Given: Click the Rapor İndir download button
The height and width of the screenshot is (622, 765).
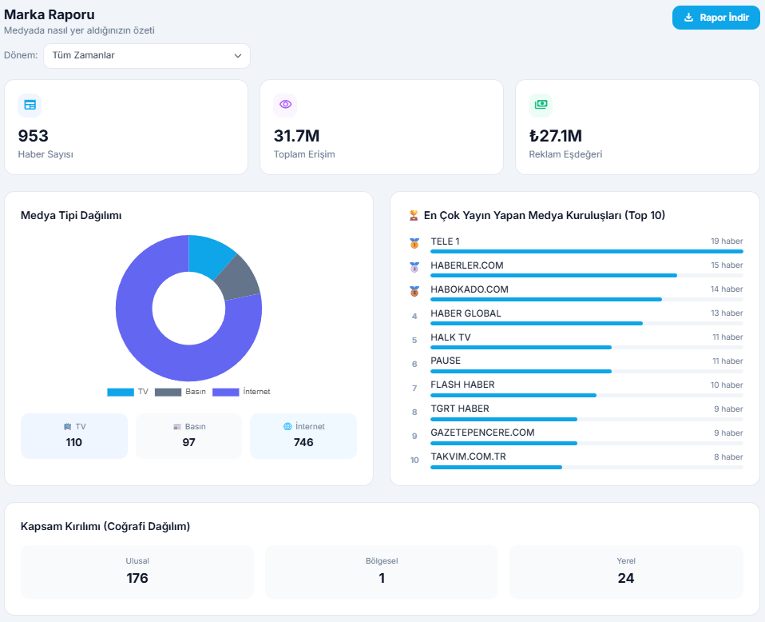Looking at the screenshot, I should click(715, 18).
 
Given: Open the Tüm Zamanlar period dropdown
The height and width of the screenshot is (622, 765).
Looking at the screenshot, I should click(147, 56).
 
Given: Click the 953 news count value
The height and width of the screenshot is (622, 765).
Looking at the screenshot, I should click(34, 136).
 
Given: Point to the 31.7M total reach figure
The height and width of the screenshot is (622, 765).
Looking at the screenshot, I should click(296, 136).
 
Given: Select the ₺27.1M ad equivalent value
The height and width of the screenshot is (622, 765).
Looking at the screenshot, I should click(555, 136).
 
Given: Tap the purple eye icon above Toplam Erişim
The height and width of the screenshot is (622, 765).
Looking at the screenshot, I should click(285, 105).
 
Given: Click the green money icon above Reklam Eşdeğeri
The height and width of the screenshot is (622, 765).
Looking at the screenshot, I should click(541, 105).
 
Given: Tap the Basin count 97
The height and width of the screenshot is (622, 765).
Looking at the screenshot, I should click(188, 442).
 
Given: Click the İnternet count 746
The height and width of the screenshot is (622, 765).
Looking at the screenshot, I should click(303, 442).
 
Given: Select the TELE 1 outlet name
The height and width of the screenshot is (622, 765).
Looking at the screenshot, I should click(445, 241).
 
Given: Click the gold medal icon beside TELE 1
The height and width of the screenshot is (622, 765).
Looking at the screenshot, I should click(414, 243).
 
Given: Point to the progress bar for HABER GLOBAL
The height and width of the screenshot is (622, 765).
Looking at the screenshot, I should click(536, 323).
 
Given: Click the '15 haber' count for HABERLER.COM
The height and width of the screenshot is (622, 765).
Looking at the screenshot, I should click(727, 265).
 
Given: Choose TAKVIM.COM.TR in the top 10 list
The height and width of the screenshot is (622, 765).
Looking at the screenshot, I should click(468, 457).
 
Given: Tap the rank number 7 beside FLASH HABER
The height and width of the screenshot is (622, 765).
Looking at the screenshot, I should click(414, 389).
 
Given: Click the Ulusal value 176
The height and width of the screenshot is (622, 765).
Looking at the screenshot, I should click(137, 578).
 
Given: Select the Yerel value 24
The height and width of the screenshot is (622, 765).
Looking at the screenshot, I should click(626, 578).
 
